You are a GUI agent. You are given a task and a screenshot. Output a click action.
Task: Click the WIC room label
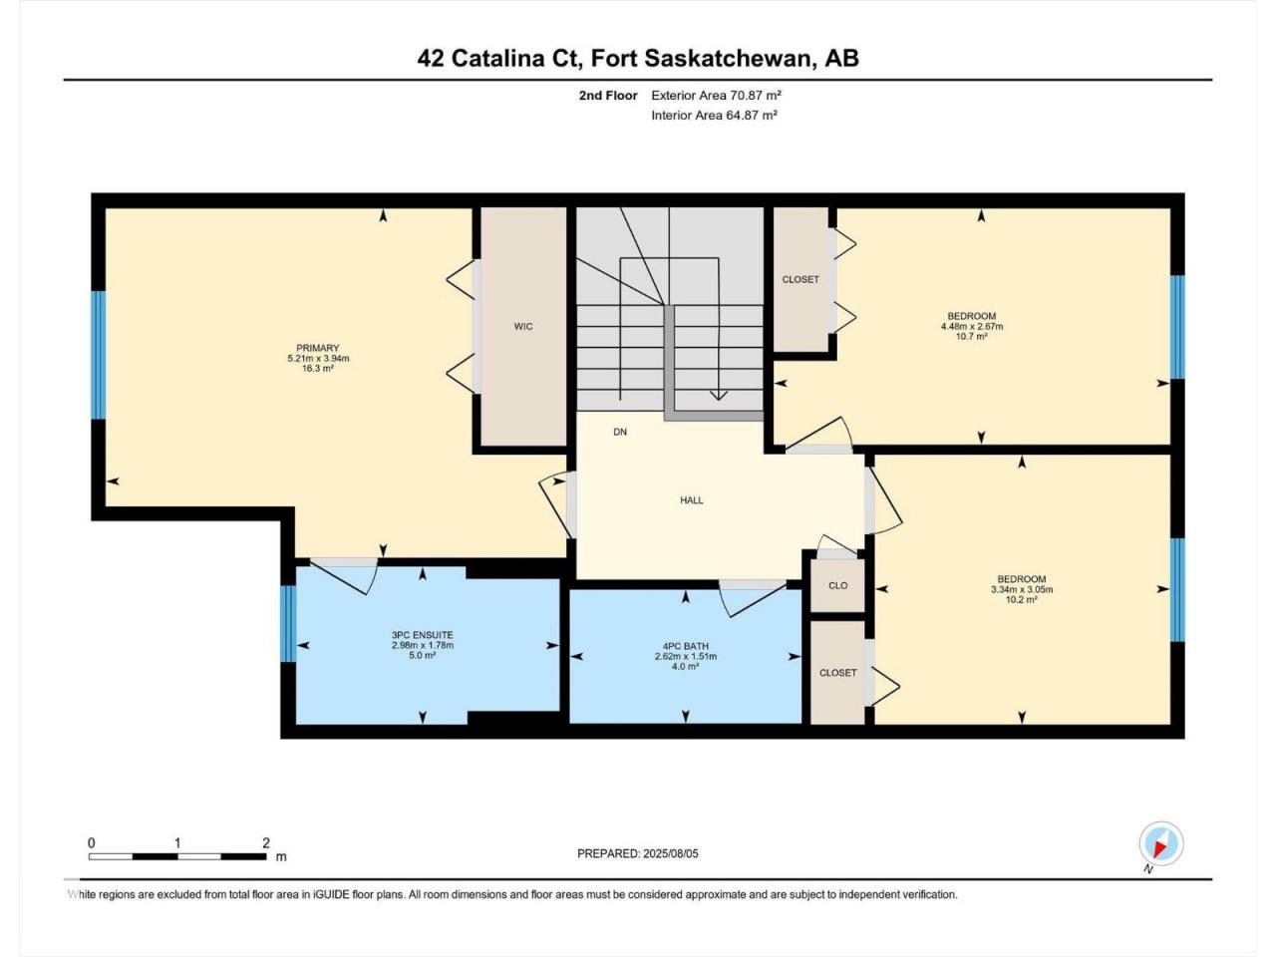click(523, 327)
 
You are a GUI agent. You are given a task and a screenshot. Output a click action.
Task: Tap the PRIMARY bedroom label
click(317, 348)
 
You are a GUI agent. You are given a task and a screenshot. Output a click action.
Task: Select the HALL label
click(692, 500)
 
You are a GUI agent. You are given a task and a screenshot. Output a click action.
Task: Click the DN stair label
click(620, 433)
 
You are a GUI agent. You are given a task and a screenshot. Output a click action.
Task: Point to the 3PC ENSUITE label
click(423, 635)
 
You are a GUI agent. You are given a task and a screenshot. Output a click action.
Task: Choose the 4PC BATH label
click(686, 646)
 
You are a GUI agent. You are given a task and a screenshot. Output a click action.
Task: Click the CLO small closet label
click(837, 586)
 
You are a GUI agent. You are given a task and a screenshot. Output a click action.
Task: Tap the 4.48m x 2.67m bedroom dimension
click(972, 327)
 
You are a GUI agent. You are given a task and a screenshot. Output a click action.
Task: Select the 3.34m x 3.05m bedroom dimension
click(1022, 589)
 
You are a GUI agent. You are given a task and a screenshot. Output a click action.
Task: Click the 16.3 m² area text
click(317, 369)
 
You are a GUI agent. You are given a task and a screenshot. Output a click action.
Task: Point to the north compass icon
click(1161, 843)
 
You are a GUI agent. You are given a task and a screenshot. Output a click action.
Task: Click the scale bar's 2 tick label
click(266, 843)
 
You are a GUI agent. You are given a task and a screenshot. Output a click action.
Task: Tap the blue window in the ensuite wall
click(288, 623)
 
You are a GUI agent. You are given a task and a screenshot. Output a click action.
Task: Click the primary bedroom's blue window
click(99, 355)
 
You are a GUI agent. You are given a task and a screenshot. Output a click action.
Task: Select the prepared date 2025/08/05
click(670, 854)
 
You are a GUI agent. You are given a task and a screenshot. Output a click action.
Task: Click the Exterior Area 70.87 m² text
click(716, 96)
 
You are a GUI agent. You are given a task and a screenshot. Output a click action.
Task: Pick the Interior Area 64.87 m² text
click(715, 115)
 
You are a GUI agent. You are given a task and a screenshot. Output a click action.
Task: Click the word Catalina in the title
click(498, 59)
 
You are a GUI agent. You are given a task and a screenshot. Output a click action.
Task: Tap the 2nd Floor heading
click(608, 96)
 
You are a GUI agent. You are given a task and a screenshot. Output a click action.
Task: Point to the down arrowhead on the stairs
click(719, 395)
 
